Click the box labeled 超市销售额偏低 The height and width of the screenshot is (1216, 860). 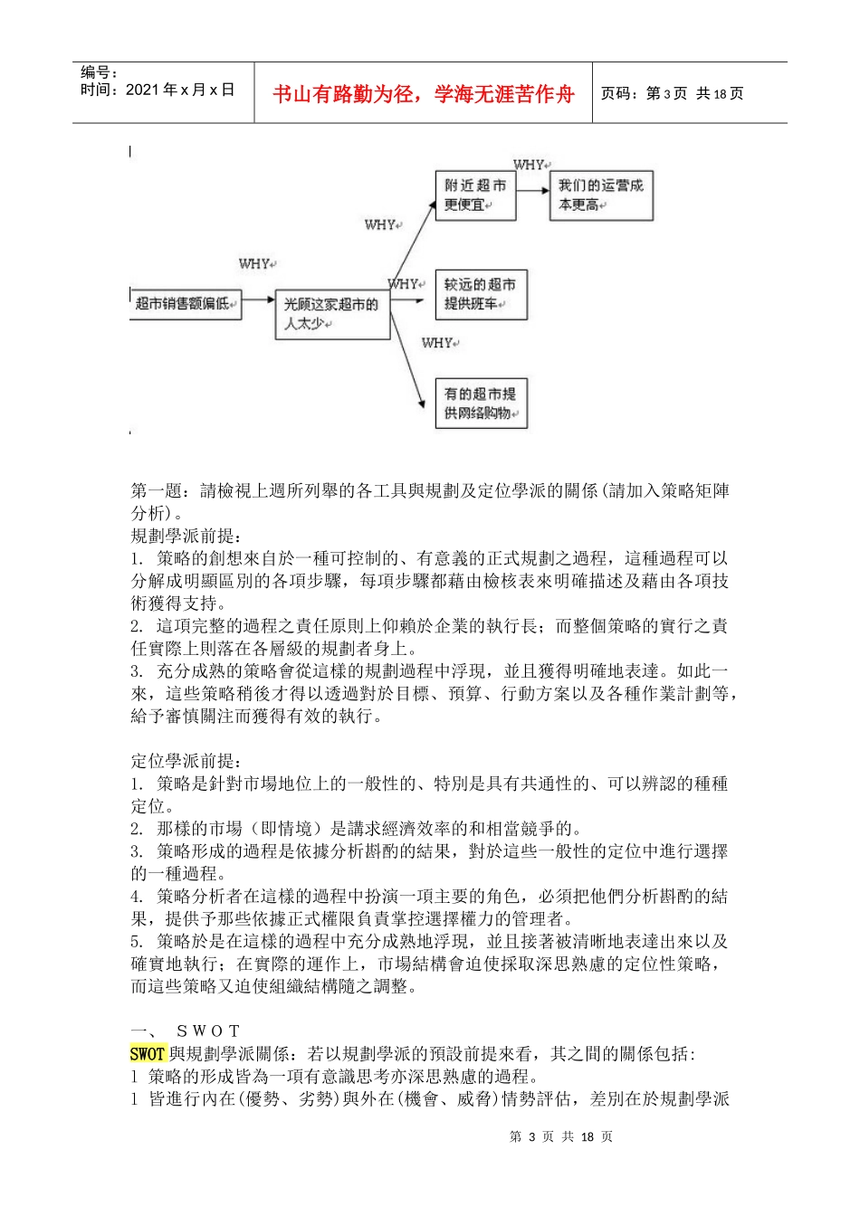tap(186, 304)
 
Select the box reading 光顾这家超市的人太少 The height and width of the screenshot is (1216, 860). tap(332, 314)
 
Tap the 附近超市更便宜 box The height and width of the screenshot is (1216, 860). tap(475, 195)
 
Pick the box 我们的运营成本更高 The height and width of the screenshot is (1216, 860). tap(600, 195)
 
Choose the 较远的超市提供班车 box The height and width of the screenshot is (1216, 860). tap(480, 294)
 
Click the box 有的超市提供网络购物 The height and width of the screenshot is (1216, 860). tap(480, 404)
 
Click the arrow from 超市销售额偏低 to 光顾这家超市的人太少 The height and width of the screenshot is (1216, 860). tap(258, 299)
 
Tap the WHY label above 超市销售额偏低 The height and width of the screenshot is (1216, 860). tap(256, 264)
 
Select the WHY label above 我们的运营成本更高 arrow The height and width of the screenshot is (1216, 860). tap(530, 165)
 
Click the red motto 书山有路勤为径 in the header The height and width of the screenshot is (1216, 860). tap(423, 94)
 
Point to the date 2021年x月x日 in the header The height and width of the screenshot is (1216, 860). tap(158, 90)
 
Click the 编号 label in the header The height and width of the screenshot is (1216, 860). tap(99, 72)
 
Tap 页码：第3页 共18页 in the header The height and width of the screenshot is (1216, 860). tap(672, 94)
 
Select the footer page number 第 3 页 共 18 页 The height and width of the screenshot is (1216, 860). tap(561, 1136)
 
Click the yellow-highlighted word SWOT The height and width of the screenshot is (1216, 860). tap(148, 1054)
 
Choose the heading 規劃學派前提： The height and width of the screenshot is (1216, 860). tap(186, 536)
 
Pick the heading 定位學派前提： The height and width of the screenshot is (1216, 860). tap(186, 761)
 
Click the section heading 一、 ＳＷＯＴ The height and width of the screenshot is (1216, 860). tap(186, 1031)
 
